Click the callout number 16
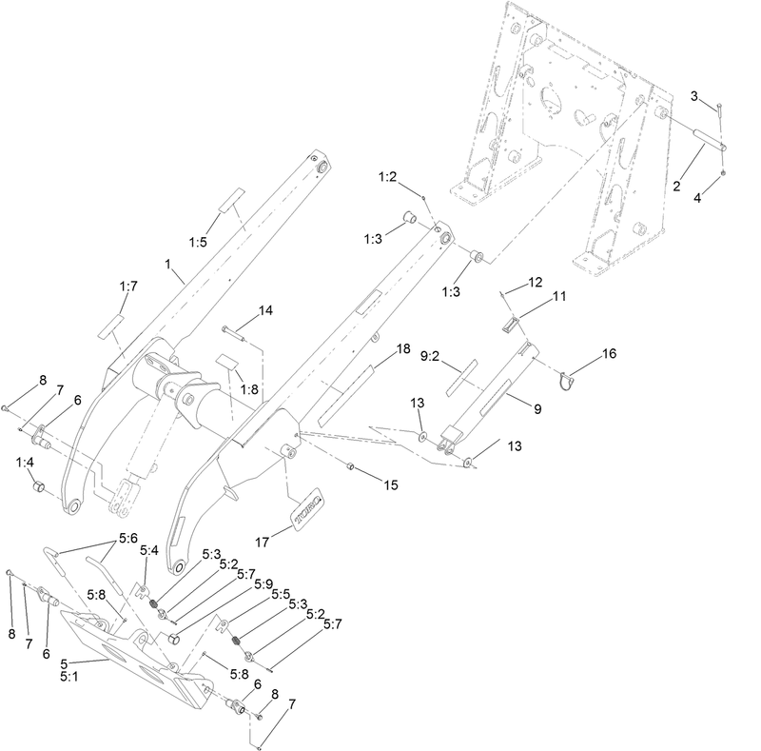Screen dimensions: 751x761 tap(608, 353)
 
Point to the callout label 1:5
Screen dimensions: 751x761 tap(198, 243)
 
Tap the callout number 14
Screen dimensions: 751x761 tap(265, 311)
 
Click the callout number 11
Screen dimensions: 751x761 tap(560, 297)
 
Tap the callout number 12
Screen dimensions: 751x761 tap(536, 282)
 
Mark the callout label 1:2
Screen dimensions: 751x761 tap(387, 177)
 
